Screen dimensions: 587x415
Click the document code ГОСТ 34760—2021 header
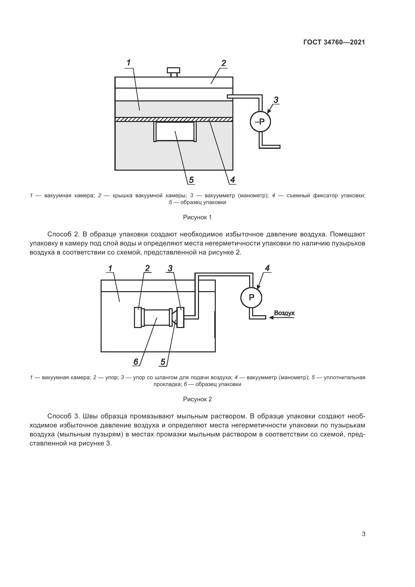coord(334,42)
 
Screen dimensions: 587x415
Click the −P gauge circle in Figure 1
coord(260,122)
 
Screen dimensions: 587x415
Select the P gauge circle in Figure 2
coord(251,297)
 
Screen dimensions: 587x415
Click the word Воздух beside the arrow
coord(284,313)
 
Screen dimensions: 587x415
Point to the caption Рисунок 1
coord(197,217)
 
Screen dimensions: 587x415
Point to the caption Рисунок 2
coord(197,399)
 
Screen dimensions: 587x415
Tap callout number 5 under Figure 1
coord(191,180)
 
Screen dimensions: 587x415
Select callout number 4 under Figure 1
coord(232,180)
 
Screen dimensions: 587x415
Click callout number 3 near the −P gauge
coord(276,100)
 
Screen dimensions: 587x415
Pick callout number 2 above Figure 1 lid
coord(224,63)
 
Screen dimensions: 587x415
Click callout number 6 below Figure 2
coord(136,362)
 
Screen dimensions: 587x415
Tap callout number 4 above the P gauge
coord(267,268)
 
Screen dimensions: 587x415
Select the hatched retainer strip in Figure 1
coord(174,119)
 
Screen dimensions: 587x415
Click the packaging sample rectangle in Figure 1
coord(175,132)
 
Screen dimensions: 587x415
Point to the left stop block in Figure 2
coord(138,317)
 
